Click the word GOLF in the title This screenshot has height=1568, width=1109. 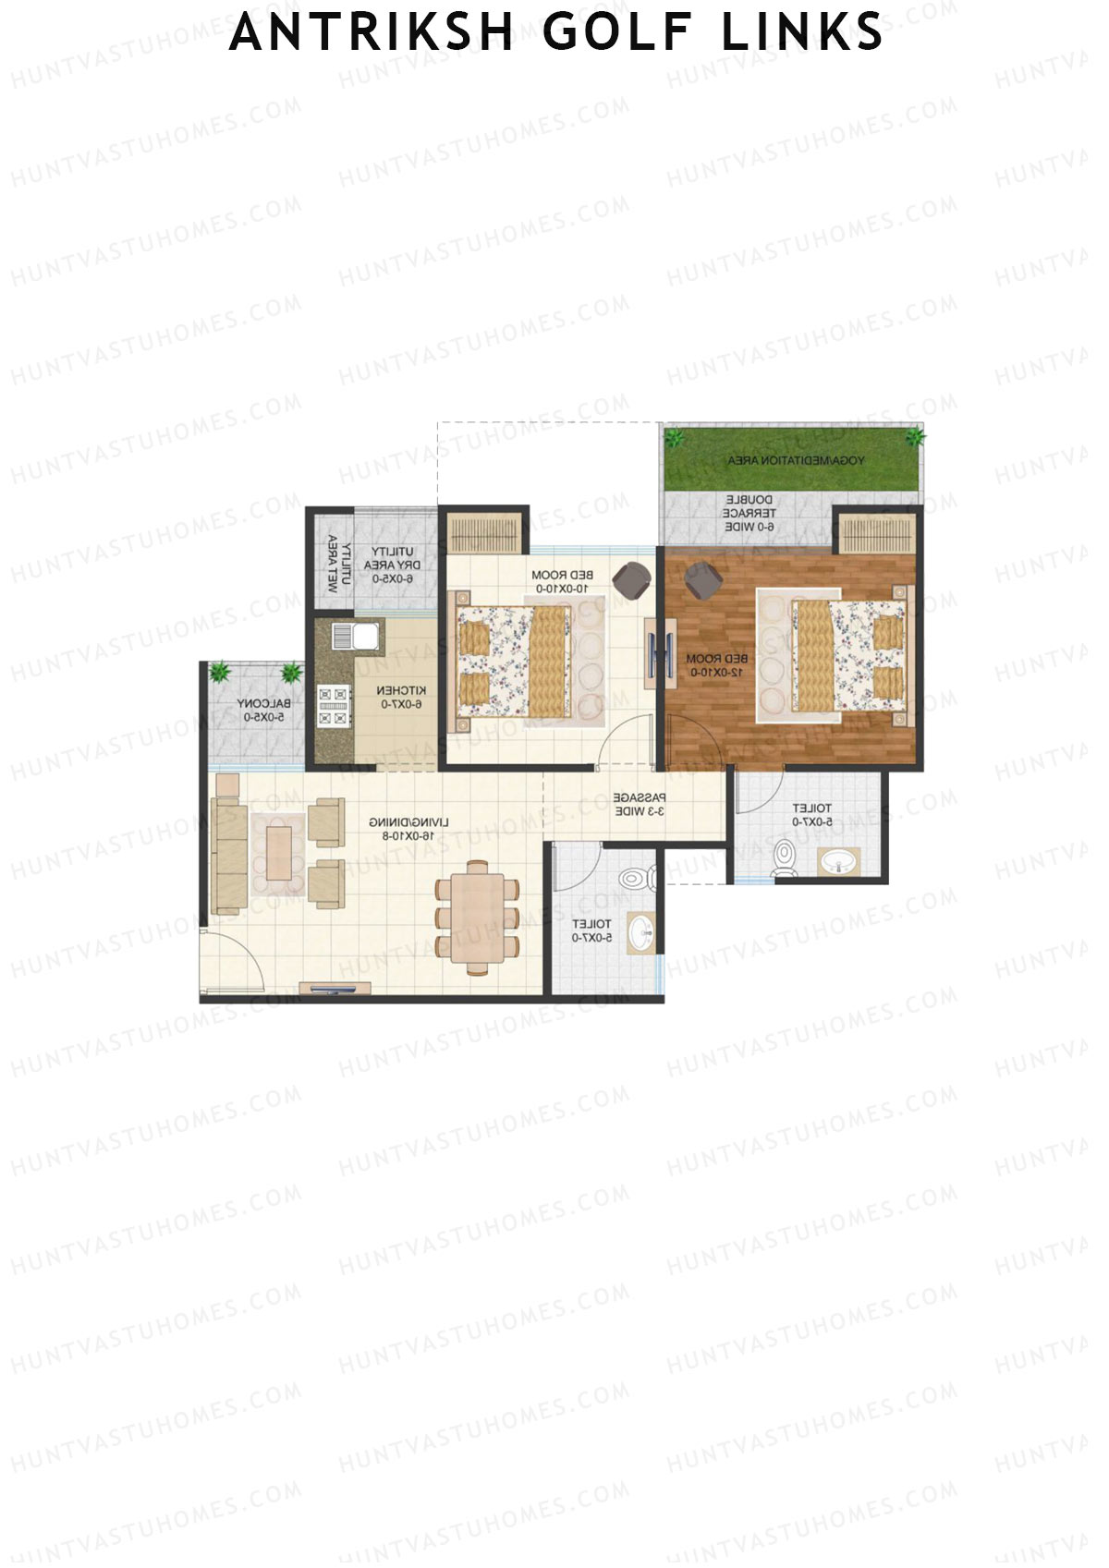tap(616, 32)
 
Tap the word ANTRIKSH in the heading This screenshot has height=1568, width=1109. tap(371, 32)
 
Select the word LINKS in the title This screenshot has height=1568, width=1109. tap(802, 32)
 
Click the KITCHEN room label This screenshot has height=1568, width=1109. tap(401, 698)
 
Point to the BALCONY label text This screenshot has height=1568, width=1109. tap(263, 710)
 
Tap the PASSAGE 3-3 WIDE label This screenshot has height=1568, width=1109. tap(640, 804)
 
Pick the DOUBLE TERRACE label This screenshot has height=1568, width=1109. tap(749, 513)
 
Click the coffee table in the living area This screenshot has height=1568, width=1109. tap(278, 853)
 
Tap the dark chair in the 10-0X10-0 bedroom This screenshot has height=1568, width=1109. tap(633, 579)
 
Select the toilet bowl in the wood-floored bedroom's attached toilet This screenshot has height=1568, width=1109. tap(785, 857)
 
